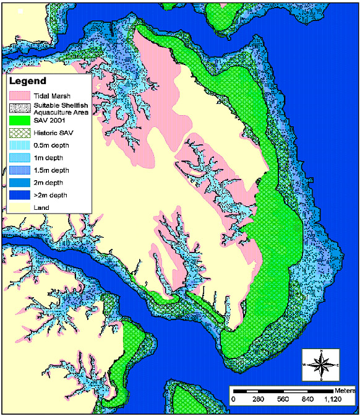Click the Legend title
[28, 82]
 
